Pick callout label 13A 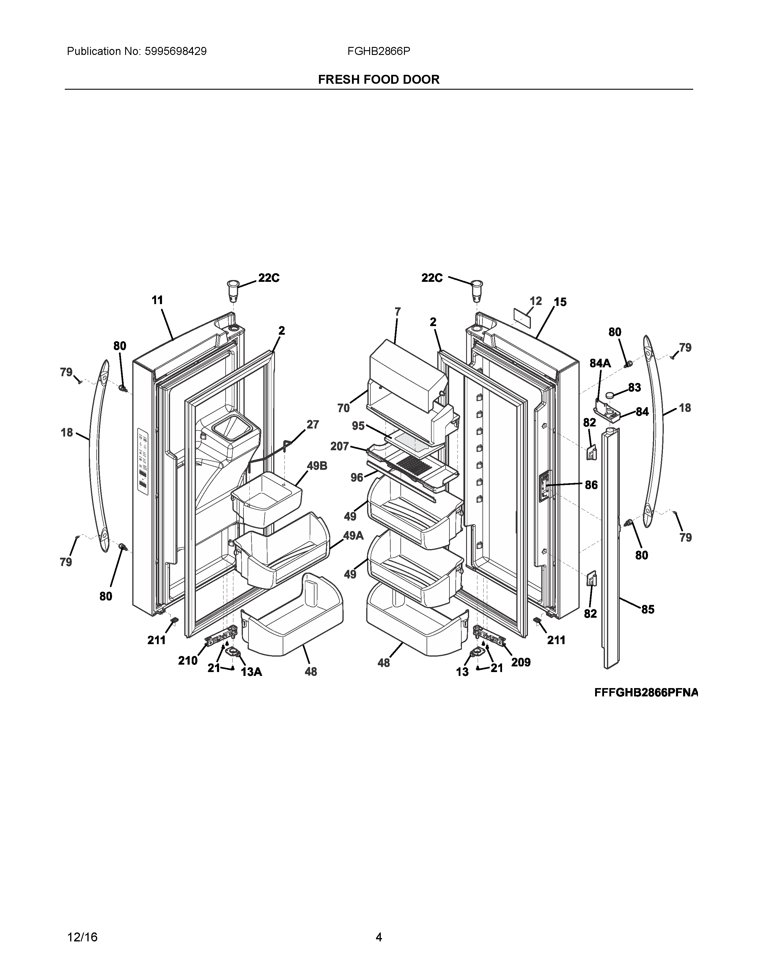coord(251,672)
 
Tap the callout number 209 coord(521,662)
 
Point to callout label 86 coord(591,485)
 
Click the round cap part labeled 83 coord(611,395)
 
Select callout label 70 coord(344,408)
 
